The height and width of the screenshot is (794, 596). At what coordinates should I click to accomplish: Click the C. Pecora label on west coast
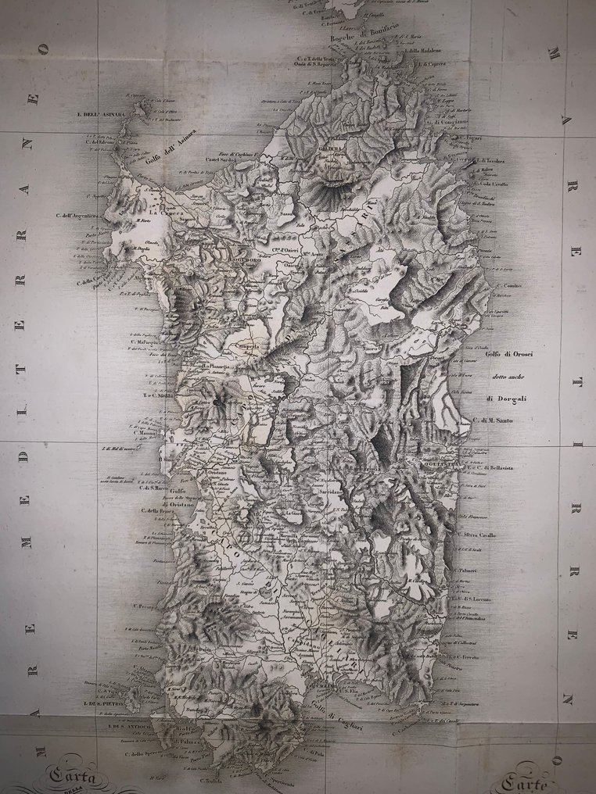(146, 606)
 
